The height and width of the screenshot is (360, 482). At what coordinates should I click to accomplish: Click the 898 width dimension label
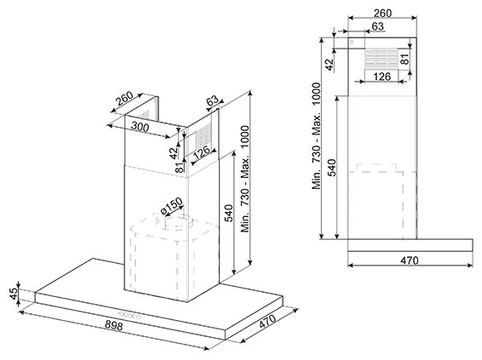coord(114,325)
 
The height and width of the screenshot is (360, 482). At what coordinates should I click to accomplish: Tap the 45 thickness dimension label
coord(14,294)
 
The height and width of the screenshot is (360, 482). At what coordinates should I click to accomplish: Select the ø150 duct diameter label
coord(171,206)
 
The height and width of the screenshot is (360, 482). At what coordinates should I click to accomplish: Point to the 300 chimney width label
coord(140,127)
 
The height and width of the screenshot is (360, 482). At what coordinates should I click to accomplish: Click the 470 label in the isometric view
coord(267,323)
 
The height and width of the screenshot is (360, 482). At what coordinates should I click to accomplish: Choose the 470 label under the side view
coord(409,260)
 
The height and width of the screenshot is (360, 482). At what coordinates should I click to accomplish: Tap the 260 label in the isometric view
coord(124,98)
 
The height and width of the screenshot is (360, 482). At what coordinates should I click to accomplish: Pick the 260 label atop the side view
coord(382,14)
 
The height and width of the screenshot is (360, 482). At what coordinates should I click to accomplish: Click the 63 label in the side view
coord(378,26)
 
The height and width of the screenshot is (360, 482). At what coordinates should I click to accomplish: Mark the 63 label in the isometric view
coord(212,100)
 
